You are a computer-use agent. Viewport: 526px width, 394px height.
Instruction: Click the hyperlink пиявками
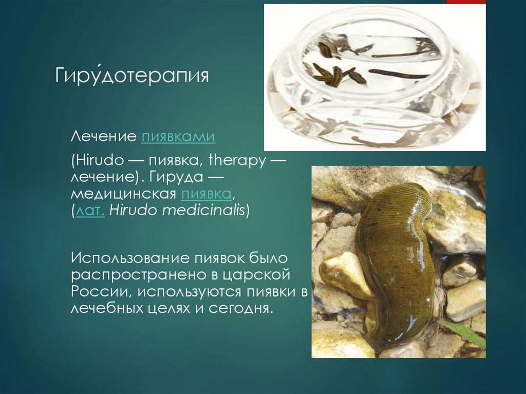tap(178, 137)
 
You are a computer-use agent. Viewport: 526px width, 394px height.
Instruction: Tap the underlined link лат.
tap(90, 211)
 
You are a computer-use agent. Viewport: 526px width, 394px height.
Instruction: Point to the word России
tap(93, 291)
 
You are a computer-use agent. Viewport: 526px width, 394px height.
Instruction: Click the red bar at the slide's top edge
tap(466, 2)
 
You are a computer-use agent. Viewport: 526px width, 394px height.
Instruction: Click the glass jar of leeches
tap(374, 77)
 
